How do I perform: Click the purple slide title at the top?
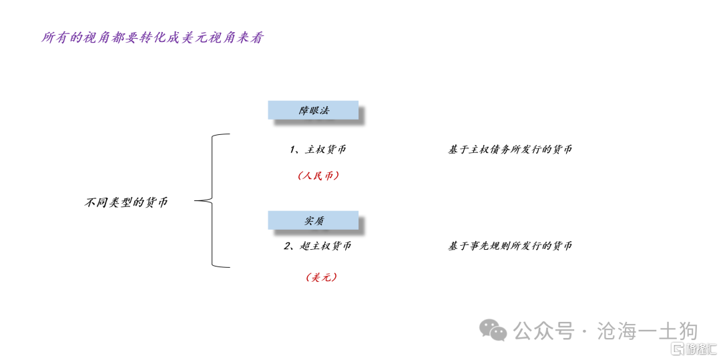(x=152, y=38)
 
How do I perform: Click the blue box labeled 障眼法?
(x=313, y=110)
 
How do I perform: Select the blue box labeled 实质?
(x=313, y=220)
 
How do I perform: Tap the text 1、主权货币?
(x=318, y=150)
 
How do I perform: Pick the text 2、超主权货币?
(x=318, y=246)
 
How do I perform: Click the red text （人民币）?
(x=318, y=176)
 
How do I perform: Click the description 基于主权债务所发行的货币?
(x=510, y=150)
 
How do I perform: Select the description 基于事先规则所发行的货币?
(x=510, y=246)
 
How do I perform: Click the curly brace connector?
(x=212, y=200)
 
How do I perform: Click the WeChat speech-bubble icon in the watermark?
(x=493, y=331)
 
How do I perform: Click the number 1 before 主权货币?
(x=292, y=150)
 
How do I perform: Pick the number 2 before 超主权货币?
(x=287, y=246)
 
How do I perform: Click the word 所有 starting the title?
(x=51, y=38)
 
